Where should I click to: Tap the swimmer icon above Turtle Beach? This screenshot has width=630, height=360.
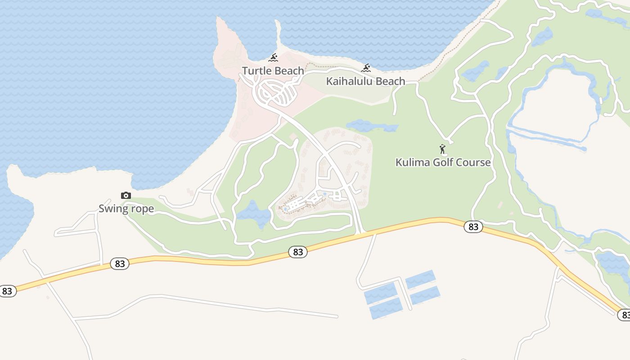pyautogui.click(x=273, y=58)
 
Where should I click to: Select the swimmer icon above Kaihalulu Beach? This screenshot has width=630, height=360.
pyautogui.click(x=366, y=68)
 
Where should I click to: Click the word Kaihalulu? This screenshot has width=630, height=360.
pyautogui.click(x=351, y=81)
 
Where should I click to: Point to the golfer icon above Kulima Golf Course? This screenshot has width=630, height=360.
pyautogui.click(x=443, y=149)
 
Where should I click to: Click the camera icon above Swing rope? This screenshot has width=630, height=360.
pyautogui.click(x=126, y=195)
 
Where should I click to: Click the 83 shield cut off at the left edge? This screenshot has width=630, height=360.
pyautogui.click(x=7, y=291)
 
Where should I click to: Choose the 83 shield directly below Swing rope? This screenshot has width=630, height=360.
pyautogui.click(x=120, y=264)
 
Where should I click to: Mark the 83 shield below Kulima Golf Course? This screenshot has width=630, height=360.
pyautogui.click(x=473, y=227)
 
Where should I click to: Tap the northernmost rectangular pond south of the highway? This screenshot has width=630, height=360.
pyautogui.click(x=420, y=279)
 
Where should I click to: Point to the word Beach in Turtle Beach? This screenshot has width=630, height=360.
pyautogui.click(x=289, y=71)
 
